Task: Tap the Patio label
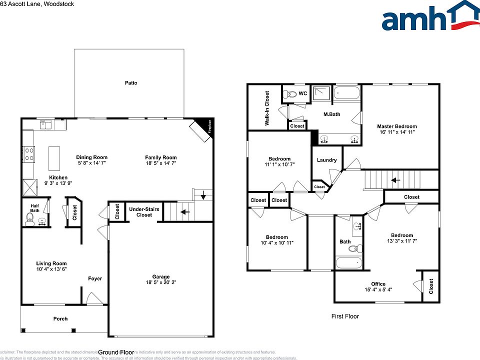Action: point(131,83)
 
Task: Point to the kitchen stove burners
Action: point(28,152)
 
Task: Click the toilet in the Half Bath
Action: point(30,217)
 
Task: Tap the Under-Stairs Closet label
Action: point(144,211)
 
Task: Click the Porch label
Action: point(60,318)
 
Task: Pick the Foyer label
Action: point(95,278)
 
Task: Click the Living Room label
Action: point(51,263)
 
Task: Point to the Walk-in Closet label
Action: point(267,107)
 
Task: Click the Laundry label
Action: point(326,160)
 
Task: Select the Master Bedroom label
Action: point(396,126)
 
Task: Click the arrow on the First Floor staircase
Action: point(395,180)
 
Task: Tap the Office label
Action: point(378,284)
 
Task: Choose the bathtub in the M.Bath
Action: point(347,93)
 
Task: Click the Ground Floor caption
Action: point(116,352)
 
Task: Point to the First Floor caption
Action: point(345,316)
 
